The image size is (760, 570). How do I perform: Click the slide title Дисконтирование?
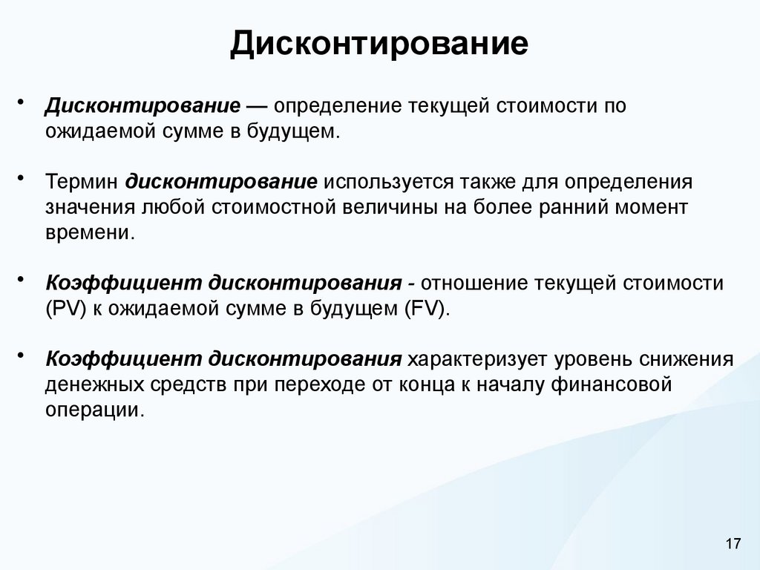click(x=379, y=44)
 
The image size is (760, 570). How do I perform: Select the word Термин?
click(x=81, y=183)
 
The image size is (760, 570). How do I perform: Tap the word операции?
click(x=92, y=410)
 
